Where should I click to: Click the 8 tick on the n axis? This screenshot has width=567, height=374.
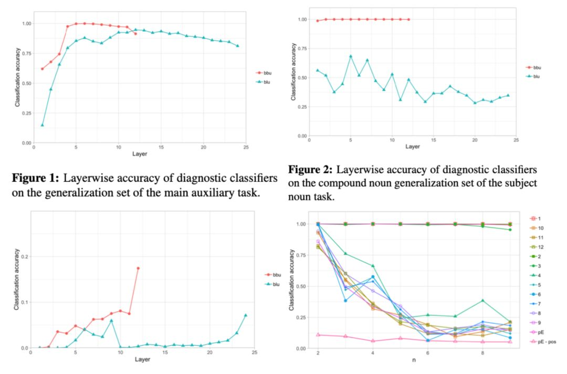tap(482, 354)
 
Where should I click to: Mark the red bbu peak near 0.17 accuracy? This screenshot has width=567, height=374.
tap(138, 268)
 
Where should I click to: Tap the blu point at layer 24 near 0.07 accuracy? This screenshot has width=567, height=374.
tap(245, 315)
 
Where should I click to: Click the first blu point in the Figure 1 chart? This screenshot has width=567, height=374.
tap(42, 125)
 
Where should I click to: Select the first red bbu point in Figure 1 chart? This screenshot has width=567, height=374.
tap(42, 69)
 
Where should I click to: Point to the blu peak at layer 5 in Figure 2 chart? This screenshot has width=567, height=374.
tap(351, 56)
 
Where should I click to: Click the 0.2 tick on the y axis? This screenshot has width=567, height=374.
tap(24, 256)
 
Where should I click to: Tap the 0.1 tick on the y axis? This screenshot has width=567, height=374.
tap(24, 302)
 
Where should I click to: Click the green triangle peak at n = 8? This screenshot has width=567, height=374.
tap(482, 300)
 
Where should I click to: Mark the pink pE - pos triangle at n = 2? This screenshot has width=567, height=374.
tap(318, 335)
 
